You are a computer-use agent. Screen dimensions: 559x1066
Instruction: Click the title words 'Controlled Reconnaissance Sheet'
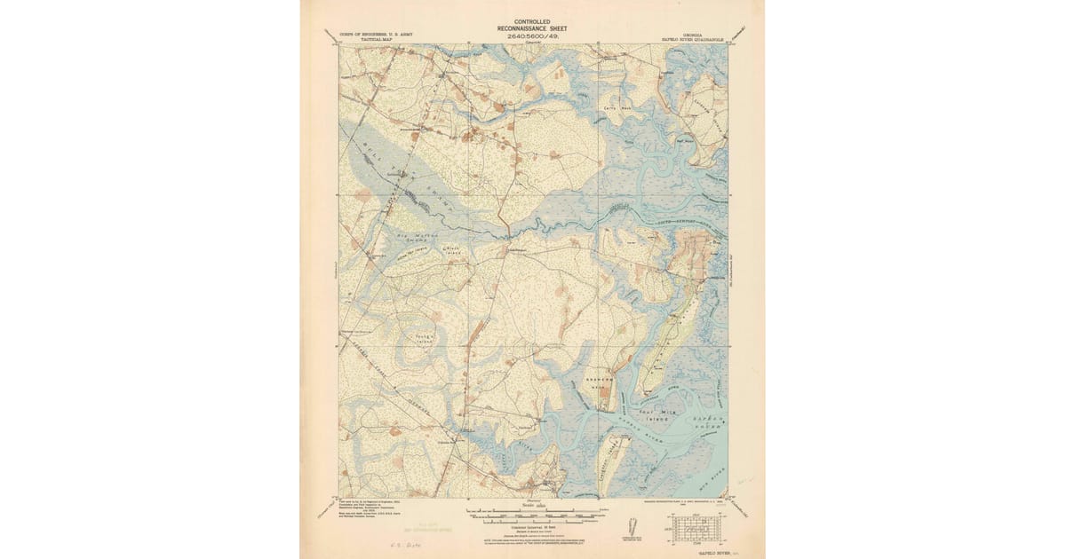point(532,25)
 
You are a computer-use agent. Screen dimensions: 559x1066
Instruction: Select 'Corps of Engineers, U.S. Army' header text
point(376,35)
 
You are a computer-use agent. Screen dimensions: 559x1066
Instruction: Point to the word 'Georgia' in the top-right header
point(693,35)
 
